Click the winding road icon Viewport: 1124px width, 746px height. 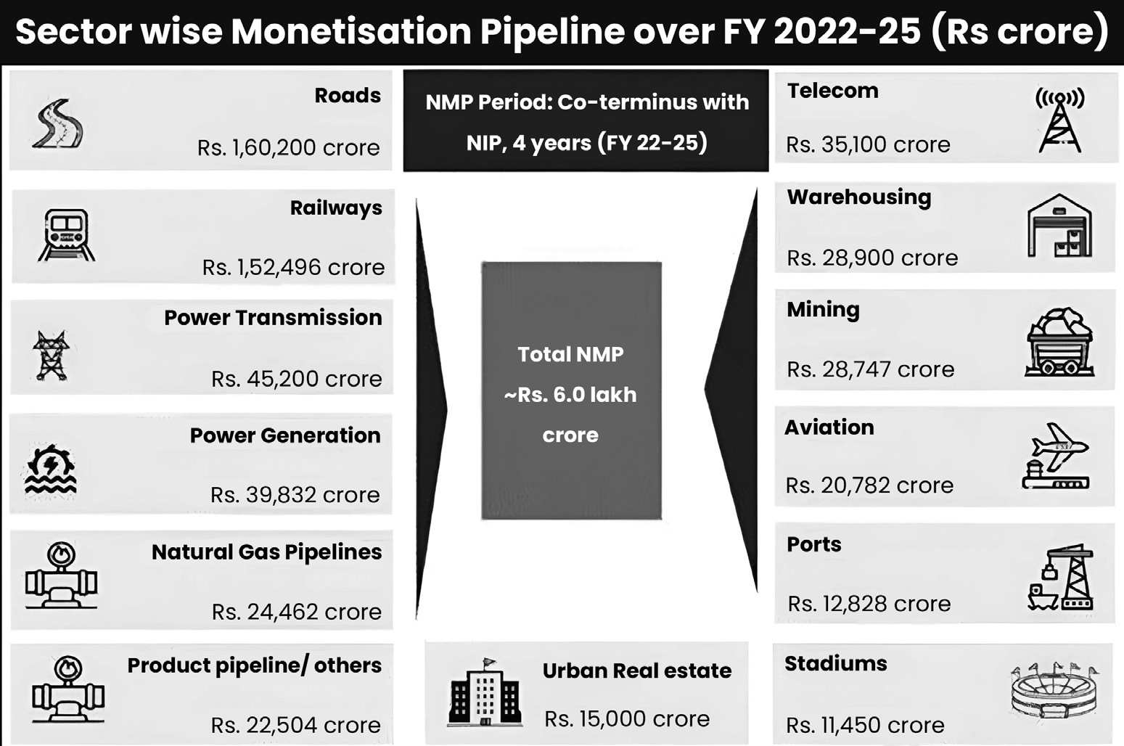57,123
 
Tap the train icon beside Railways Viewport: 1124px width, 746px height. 66,235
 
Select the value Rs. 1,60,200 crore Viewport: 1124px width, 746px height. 289,147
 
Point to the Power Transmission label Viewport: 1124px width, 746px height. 273,318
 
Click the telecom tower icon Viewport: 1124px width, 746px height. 1059,120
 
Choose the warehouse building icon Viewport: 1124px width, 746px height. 1059,226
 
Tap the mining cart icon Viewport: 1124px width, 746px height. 1059,342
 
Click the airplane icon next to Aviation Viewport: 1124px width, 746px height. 1055,456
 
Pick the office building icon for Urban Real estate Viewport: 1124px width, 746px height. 485,692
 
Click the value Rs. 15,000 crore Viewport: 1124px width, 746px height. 627,719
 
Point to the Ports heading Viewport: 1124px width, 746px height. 814,544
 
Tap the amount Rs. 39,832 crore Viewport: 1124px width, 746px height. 295,495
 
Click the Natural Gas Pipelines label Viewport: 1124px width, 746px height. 266,552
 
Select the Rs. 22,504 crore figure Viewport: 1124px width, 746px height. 295,725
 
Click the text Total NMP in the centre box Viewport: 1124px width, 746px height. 570,355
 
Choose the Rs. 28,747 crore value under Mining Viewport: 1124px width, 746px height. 871,369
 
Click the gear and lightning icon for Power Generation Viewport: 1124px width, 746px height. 50,470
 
